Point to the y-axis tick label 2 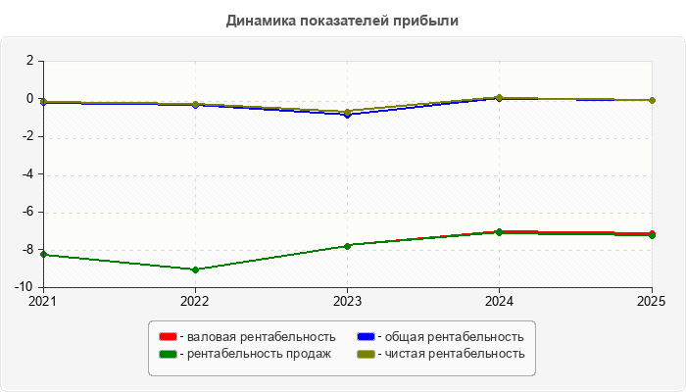tap(29, 61)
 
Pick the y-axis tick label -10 tap(24, 287)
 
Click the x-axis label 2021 tap(42, 301)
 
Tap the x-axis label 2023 tap(347, 301)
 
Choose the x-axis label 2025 tap(651, 301)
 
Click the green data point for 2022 tap(196, 269)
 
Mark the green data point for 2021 tap(43, 254)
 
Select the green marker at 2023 tap(347, 246)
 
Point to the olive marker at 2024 tap(499, 98)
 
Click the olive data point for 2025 tap(652, 100)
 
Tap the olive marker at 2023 tap(347, 112)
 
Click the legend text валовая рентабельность tap(262, 337)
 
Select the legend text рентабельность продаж tap(259, 354)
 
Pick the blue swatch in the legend tap(366, 336)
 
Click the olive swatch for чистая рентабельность tap(366, 354)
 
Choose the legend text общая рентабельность tap(454, 337)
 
